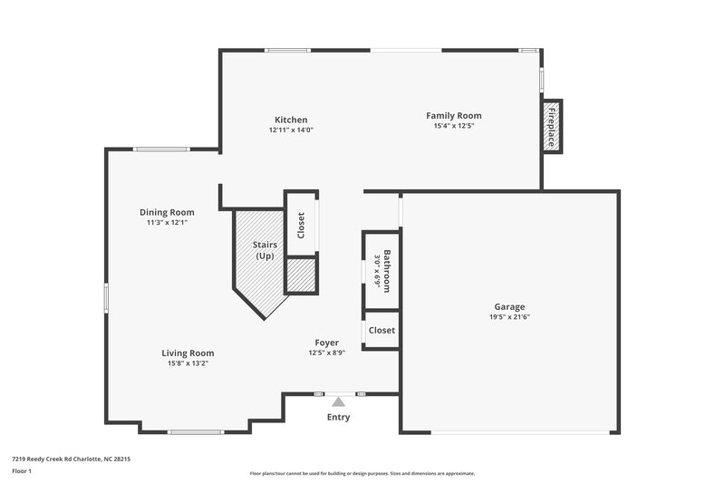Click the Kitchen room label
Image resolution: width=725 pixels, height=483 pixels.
click(291, 120)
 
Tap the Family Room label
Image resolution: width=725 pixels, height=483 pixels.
click(454, 115)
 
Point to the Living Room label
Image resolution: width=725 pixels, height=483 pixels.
click(188, 353)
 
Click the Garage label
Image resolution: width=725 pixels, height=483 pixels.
click(508, 306)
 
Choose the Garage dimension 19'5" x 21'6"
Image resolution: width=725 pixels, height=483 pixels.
click(508, 317)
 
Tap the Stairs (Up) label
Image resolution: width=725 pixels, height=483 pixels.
click(264, 250)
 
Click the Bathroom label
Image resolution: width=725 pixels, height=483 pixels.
click(387, 270)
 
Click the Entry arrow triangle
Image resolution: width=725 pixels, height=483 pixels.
click(338, 401)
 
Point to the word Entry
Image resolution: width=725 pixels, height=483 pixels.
click(338, 417)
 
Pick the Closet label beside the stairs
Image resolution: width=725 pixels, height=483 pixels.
click(301, 226)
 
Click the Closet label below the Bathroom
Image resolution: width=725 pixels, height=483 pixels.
click(382, 330)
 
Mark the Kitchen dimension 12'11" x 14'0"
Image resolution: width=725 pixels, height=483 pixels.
click(291, 130)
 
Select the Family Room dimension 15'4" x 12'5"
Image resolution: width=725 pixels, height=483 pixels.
click(454, 126)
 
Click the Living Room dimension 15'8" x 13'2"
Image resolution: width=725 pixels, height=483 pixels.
click(188, 363)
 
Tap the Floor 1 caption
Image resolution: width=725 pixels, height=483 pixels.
click(22, 472)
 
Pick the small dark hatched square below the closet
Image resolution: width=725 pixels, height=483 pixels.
click(300, 275)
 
